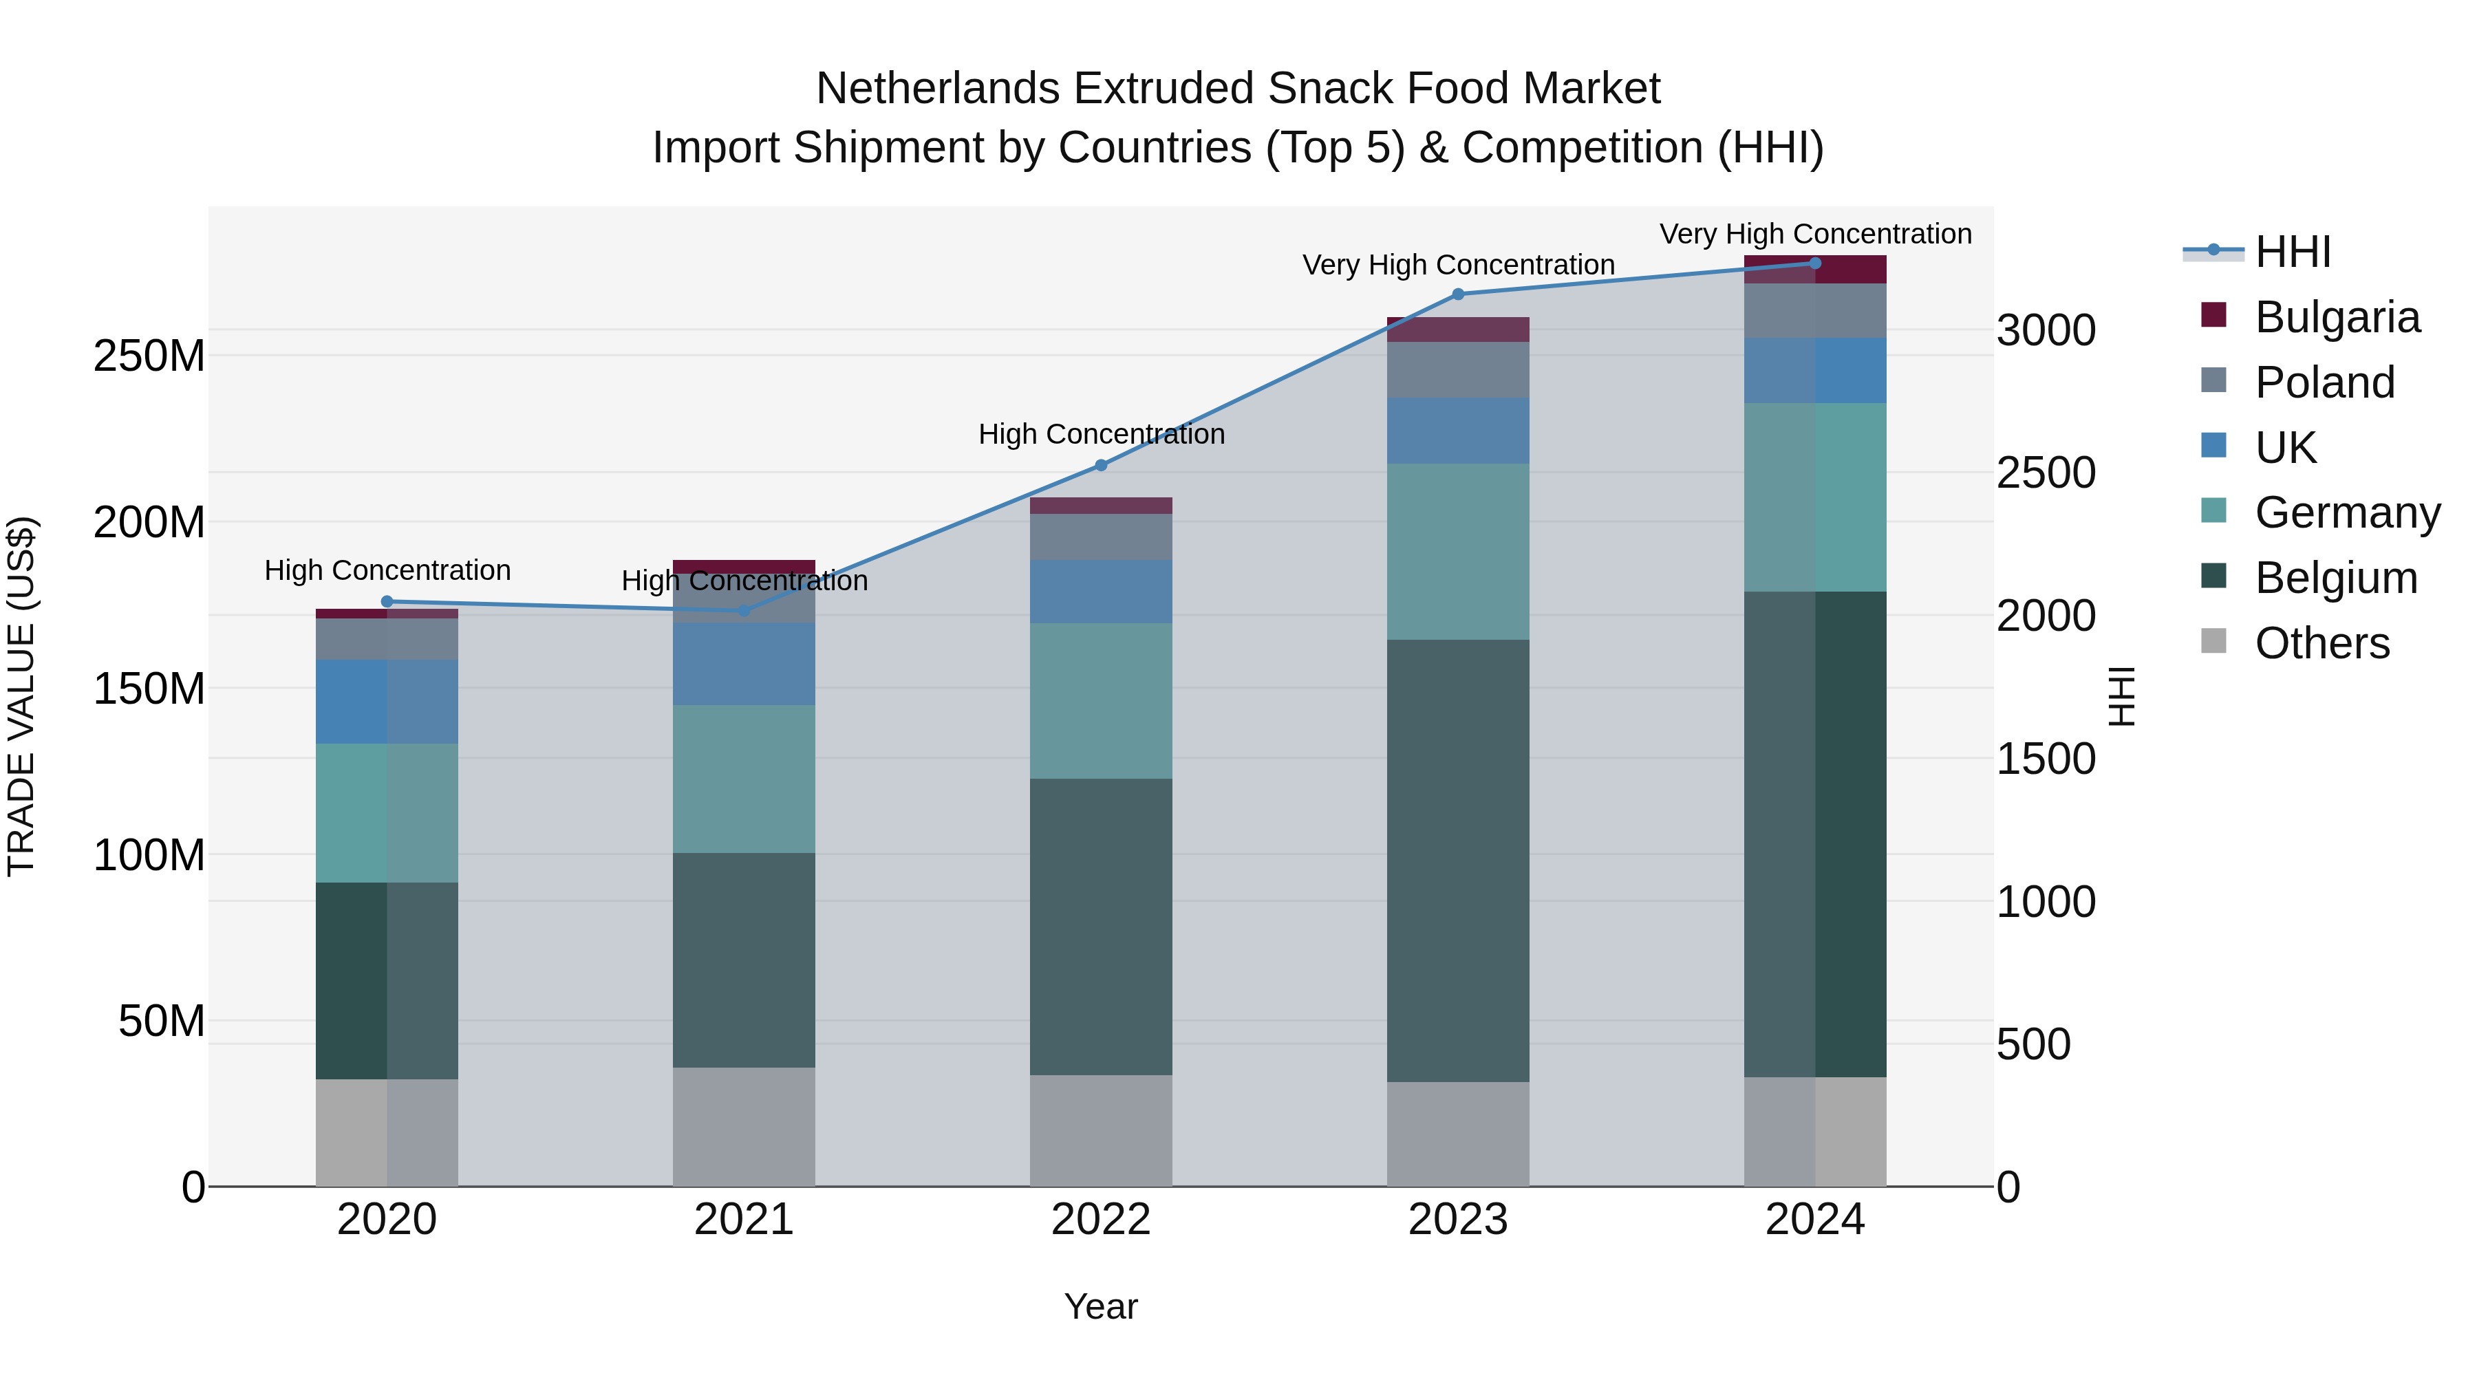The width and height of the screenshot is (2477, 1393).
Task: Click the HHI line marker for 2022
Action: click(x=1101, y=465)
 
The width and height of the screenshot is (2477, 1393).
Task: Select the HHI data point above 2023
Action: click(x=1458, y=294)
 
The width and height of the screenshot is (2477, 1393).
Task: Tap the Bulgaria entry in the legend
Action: click(x=2337, y=317)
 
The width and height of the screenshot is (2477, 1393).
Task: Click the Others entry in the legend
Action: click(x=2321, y=643)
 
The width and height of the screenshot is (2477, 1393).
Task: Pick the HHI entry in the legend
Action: click(x=2293, y=252)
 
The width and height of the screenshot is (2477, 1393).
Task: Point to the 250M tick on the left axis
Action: click(x=149, y=356)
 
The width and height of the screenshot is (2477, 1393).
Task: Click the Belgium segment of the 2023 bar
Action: click(x=1458, y=861)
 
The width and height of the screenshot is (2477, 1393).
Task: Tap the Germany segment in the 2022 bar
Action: click(x=1101, y=701)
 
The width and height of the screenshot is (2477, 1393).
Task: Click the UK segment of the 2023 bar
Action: click(x=1458, y=431)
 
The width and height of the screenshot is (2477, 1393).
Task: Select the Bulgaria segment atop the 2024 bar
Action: click(x=1814, y=269)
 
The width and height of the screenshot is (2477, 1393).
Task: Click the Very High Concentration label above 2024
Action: click(x=1814, y=235)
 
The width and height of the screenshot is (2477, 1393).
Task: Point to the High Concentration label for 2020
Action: click(x=387, y=571)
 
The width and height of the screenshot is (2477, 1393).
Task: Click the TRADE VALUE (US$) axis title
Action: click(x=21, y=696)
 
